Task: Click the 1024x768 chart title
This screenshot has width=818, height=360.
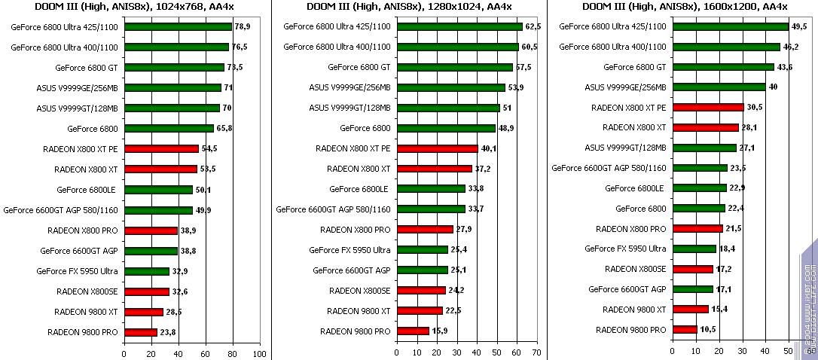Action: tap(135, 7)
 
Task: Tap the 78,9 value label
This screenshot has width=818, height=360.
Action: tap(243, 27)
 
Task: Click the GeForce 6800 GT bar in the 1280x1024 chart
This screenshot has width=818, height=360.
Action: tap(455, 67)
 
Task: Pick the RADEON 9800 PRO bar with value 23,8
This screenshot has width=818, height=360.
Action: tap(141, 332)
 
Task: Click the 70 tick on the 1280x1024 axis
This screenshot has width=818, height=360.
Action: tap(536, 352)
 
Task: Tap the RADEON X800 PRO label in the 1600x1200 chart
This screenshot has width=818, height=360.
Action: tap(631, 229)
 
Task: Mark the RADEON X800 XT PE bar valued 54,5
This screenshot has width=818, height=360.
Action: tap(161, 149)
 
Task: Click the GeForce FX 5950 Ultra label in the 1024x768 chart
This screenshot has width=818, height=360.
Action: tap(78, 271)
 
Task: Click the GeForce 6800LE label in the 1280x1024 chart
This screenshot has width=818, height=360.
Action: tap(360, 189)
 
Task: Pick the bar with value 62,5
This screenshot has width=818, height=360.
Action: tap(459, 26)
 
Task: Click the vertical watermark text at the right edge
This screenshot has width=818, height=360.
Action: tap(807, 301)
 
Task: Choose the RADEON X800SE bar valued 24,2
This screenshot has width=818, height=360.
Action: tap(421, 291)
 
